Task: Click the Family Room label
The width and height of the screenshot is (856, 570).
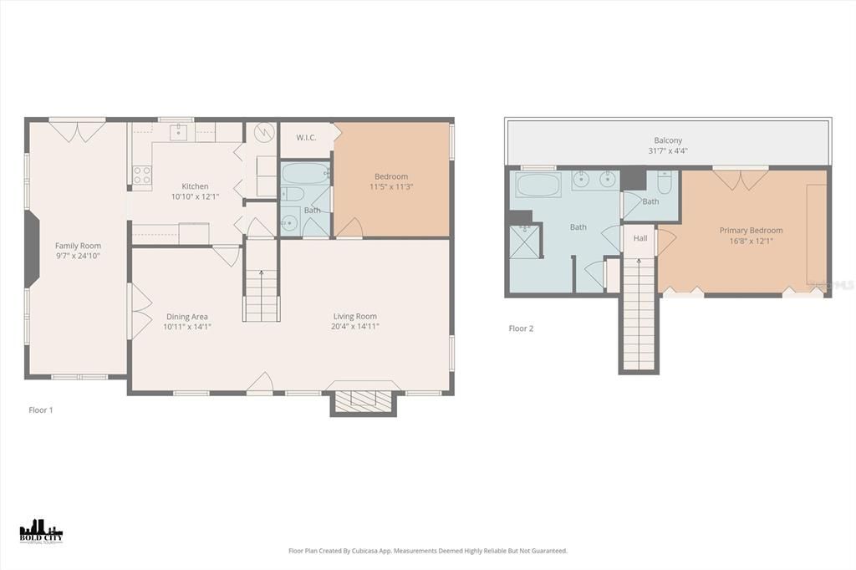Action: coord(78,246)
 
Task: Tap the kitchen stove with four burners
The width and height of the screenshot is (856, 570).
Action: coord(142,175)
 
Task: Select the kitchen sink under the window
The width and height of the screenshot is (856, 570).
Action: coord(178,131)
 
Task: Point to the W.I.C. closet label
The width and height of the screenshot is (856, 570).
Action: coord(306,138)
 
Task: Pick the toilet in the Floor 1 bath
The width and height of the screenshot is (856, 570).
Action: coord(290,222)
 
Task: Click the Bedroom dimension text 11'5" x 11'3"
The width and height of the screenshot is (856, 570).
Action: coord(391,187)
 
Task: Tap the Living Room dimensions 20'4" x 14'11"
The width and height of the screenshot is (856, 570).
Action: coord(354,327)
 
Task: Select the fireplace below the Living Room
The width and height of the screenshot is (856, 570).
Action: coord(364,400)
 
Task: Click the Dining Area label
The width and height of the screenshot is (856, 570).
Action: coord(187,317)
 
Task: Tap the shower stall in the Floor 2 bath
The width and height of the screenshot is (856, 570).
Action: coord(525,243)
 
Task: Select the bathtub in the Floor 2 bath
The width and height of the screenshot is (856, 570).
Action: coord(538,184)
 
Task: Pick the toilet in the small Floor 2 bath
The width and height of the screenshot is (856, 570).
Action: coord(665,181)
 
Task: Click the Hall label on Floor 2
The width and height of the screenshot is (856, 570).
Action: coord(640,238)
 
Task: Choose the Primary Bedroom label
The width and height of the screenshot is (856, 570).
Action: coord(751,230)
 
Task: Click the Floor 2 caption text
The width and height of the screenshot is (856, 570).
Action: coord(521,328)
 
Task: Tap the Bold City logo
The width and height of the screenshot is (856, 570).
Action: coord(41,532)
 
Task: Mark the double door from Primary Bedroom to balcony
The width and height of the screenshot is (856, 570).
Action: coord(740,178)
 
